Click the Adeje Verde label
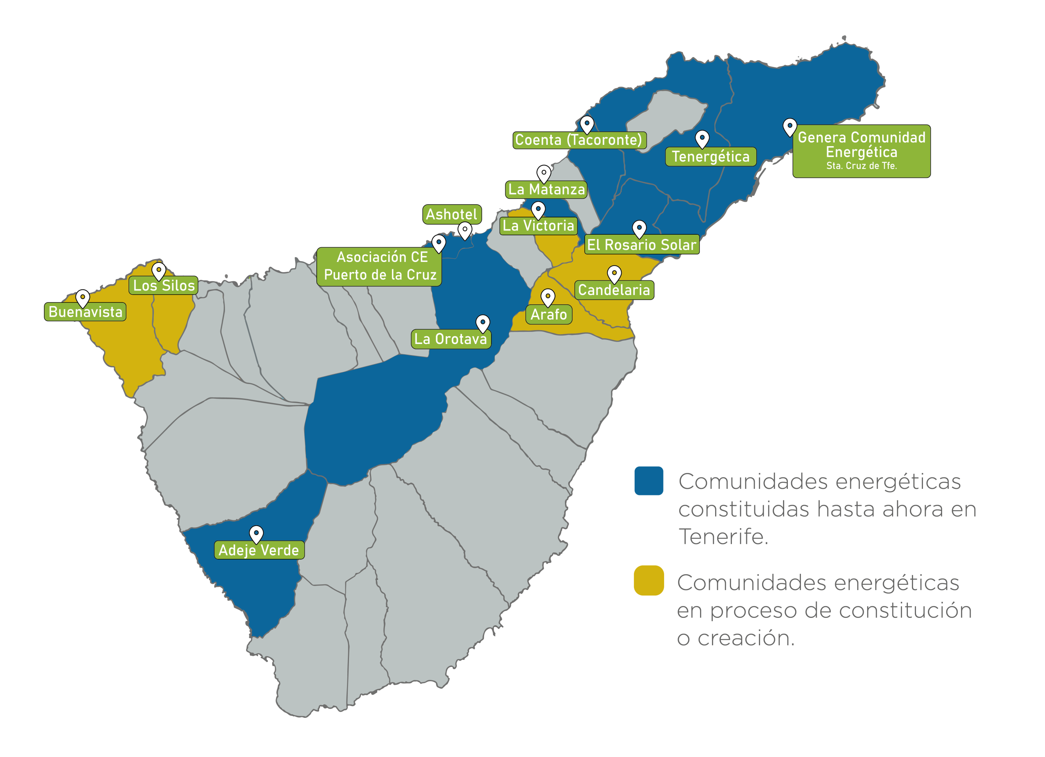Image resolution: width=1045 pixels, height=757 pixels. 259,550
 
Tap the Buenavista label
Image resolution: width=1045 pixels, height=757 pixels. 85,312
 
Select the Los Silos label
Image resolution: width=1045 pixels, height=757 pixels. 164,286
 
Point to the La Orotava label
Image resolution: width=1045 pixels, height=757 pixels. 451,339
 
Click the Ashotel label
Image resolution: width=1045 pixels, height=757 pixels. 451,214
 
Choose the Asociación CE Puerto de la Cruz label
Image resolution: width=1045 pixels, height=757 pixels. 379,266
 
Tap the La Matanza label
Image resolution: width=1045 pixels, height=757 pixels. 547,189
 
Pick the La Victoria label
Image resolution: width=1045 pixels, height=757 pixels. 538,226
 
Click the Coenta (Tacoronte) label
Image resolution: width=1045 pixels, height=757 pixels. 579,140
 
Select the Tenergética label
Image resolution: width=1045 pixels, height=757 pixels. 711,157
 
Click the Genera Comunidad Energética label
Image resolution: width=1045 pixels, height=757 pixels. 861,151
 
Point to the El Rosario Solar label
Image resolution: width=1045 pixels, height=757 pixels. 641,245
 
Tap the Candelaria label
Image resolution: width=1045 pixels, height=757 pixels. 614,290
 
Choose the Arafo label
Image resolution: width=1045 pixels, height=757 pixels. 548,315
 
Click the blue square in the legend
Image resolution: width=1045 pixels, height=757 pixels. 648,481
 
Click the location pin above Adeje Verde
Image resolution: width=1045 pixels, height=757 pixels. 256,533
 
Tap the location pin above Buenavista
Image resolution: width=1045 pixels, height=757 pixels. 82,297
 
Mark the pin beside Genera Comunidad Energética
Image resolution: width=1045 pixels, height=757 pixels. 790,126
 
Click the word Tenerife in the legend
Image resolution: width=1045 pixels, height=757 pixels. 723,537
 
